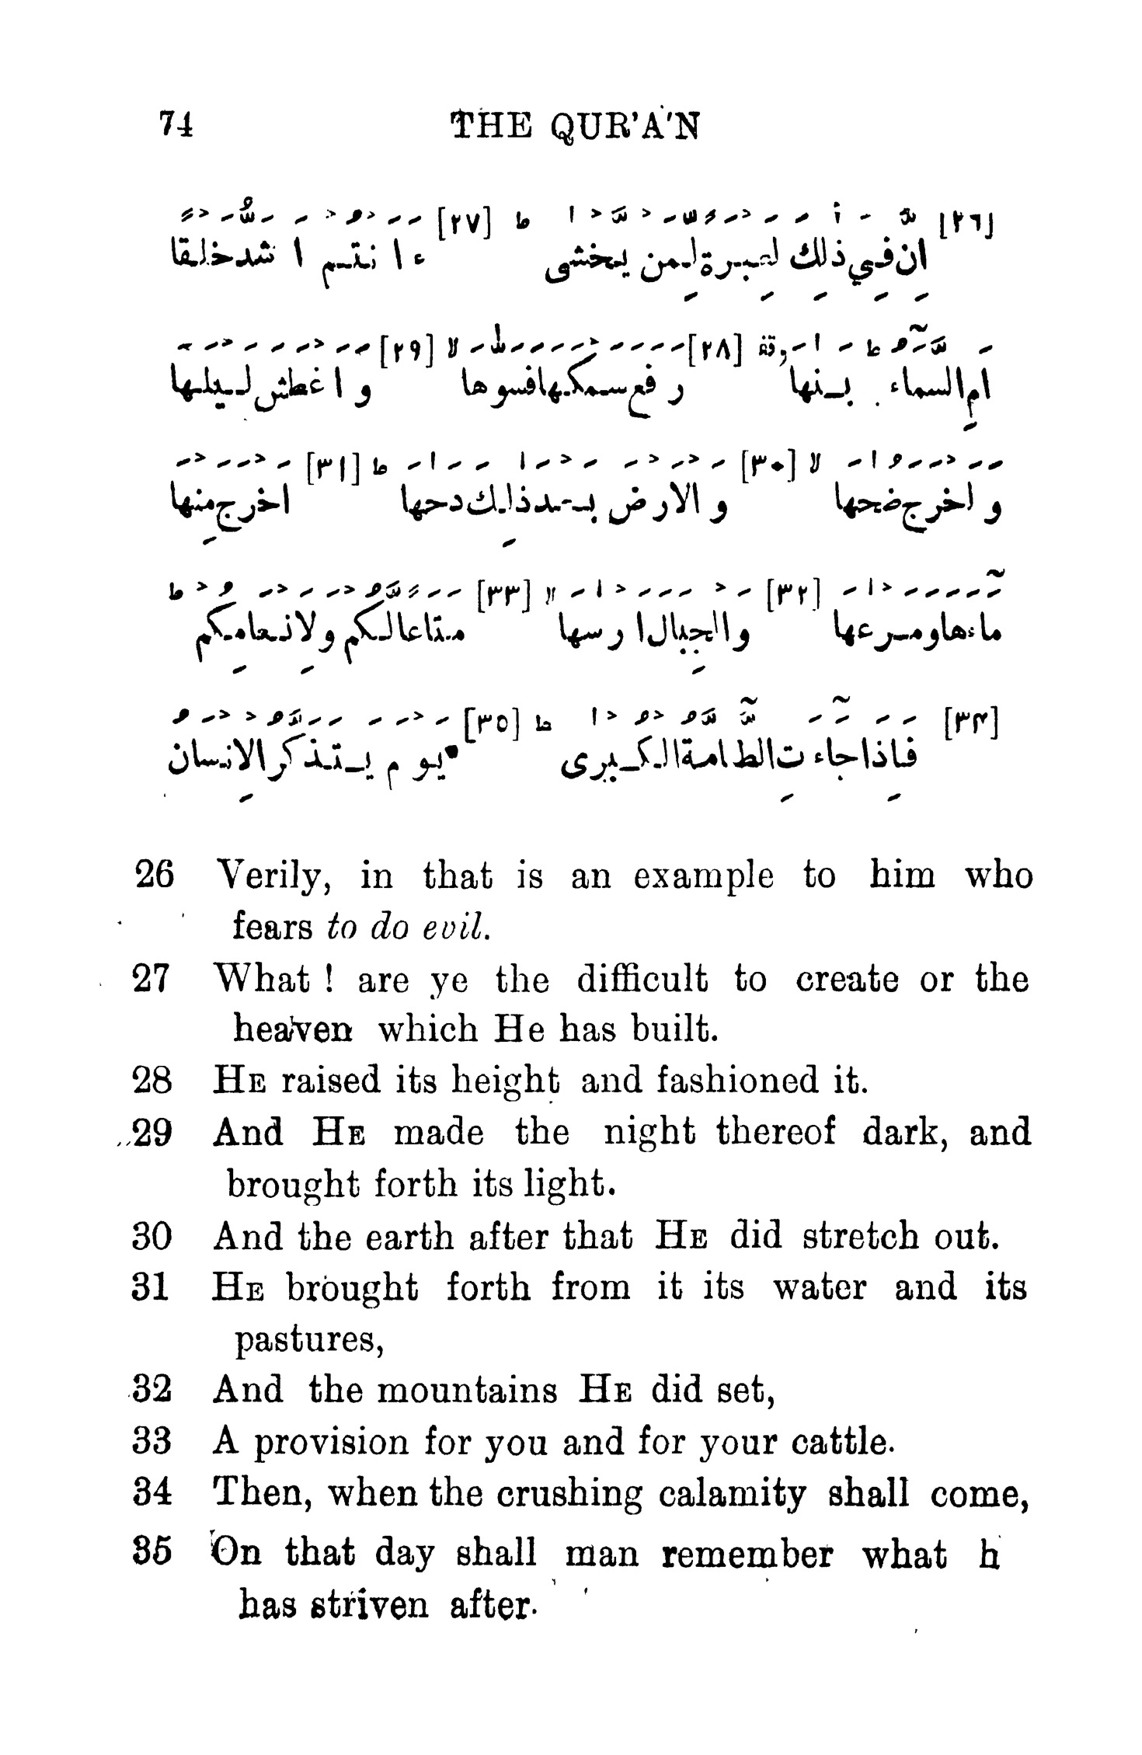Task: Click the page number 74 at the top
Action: tap(176, 124)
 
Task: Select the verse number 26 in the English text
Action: tap(155, 875)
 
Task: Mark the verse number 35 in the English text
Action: tap(152, 1553)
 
